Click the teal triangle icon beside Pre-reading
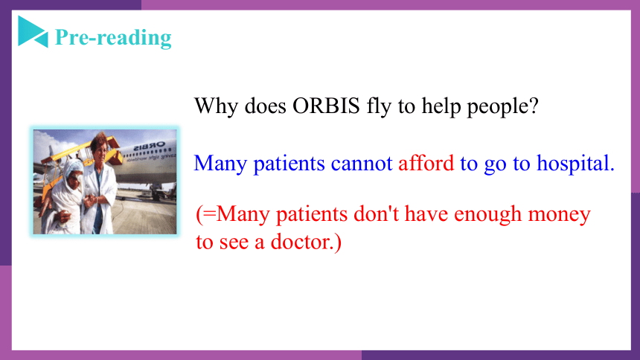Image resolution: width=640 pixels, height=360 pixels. tap(33, 32)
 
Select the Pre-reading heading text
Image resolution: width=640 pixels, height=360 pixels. tap(113, 37)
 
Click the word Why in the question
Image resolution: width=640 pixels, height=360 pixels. tap(216, 107)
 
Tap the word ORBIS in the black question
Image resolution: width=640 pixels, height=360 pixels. tap(326, 106)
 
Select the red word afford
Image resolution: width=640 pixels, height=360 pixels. tap(426, 163)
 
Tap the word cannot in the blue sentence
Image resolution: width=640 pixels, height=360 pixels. tap(362, 164)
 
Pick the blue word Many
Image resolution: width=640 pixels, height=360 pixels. tap(220, 164)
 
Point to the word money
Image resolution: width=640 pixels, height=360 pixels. tap(559, 215)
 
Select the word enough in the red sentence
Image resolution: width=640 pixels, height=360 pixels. tap(487, 215)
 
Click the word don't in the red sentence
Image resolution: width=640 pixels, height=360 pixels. tap(376, 213)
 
